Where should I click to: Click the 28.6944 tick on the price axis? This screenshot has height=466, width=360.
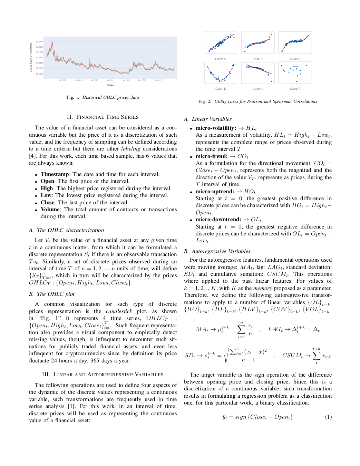(x=39, y=41)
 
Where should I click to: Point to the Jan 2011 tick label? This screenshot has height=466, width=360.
(x=110, y=80)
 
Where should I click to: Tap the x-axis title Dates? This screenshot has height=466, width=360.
(x=110, y=85)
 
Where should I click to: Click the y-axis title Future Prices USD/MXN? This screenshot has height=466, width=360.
(x=31, y=58)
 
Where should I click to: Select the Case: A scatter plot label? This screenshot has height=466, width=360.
(x=220, y=59)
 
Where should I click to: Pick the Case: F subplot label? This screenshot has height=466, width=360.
(x=295, y=89)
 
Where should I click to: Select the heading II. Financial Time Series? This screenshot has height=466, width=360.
(x=103, y=117)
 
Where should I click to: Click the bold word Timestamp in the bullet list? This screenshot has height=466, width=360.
(x=55, y=174)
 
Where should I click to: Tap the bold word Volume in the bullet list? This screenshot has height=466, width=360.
(x=50, y=210)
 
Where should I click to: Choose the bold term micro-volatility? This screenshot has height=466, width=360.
(x=216, y=128)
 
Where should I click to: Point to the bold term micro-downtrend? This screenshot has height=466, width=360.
(x=218, y=220)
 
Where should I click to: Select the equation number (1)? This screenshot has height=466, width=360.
(x=328, y=417)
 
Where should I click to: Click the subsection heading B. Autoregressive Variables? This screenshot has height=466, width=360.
(x=217, y=251)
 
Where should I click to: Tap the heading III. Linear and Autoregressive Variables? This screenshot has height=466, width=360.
(x=103, y=375)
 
